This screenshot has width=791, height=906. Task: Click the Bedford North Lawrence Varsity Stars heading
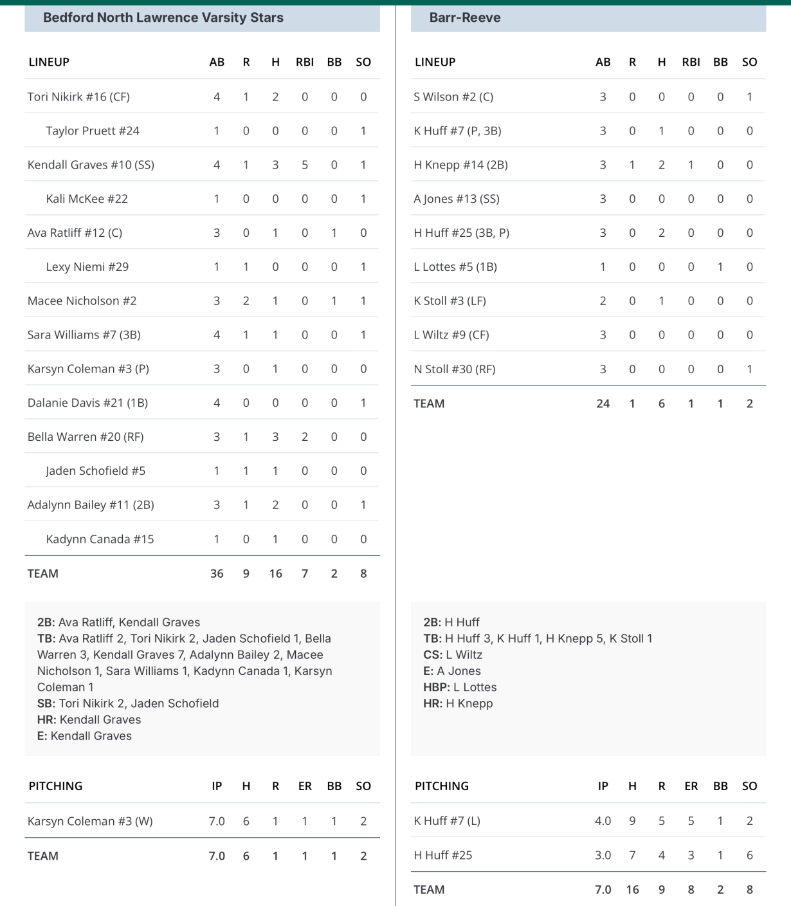(163, 18)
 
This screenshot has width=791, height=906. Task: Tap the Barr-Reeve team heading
(464, 18)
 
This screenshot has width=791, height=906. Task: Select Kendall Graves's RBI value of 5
(305, 165)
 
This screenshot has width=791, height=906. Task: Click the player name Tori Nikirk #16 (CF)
(78, 97)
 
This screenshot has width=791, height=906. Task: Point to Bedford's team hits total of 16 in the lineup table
(275, 573)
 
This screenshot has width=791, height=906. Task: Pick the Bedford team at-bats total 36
(217, 573)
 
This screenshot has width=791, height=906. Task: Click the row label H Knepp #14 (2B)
(460, 165)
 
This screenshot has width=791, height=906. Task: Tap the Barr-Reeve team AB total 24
(603, 403)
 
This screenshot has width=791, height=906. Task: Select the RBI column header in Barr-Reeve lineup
(691, 62)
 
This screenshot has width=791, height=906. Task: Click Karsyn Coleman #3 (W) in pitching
(90, 821)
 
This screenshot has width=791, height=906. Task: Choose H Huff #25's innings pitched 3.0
(603, 855)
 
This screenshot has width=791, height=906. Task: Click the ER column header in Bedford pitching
(305, 786)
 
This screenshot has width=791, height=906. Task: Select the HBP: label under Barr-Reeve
(437, 687)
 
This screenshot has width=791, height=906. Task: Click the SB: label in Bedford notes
(46, 703)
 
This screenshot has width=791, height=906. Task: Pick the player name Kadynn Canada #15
(100, 539)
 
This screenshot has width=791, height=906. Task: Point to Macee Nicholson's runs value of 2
(246, 301)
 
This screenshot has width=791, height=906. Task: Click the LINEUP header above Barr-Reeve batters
(435, 62)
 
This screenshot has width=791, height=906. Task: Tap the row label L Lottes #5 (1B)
(455, 267)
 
